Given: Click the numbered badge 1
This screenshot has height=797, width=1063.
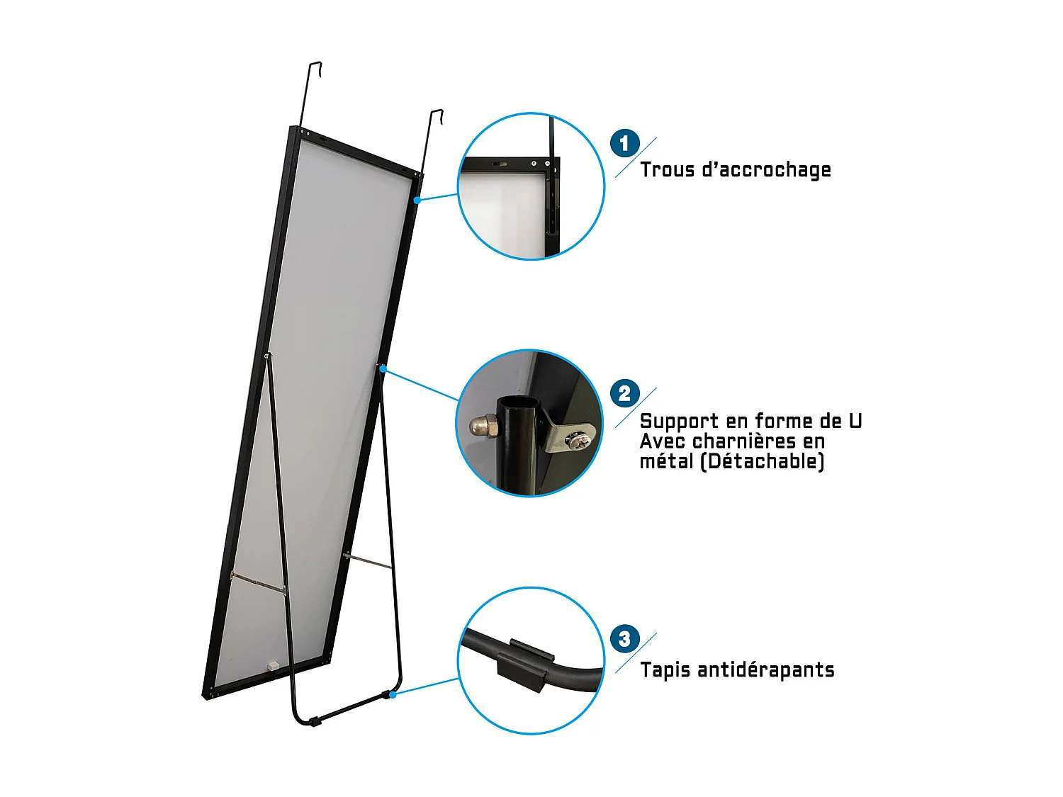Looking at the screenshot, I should click(624, 144).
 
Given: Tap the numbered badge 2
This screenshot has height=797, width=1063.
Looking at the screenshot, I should click(624, 393).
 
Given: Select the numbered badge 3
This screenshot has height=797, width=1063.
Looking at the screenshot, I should click(624, 639).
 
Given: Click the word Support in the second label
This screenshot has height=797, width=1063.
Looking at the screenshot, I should click(679, 422).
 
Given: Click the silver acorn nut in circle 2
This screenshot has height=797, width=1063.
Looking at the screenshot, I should click(483, 426).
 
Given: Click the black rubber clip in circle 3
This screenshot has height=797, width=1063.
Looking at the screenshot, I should click(524, 665).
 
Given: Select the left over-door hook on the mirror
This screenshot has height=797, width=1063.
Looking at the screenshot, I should click(313, 92).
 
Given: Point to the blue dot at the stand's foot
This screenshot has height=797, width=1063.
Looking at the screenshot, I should click(393, 695).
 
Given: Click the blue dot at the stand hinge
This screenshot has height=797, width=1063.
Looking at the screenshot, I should click(383, 368).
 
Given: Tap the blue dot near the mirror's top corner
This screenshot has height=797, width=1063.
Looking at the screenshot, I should click(417, 200).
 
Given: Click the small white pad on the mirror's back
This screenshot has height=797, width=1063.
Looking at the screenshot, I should click(271, 665).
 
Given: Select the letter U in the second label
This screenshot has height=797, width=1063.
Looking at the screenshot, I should click(855, 421).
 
